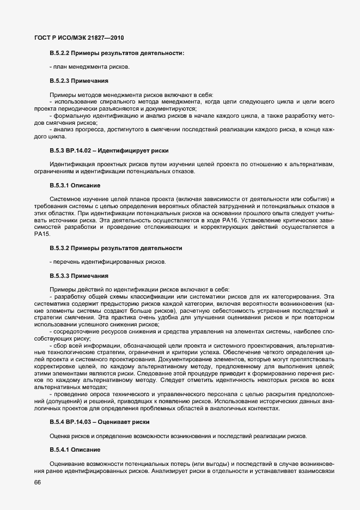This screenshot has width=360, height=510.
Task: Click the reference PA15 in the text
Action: tap(41, 234)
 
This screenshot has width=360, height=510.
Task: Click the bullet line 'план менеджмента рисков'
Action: tap(90, 67)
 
